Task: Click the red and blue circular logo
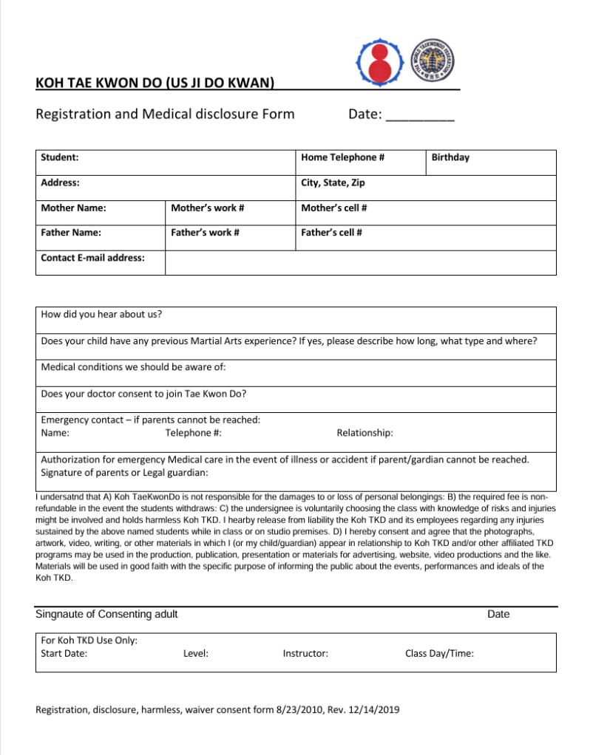coord(379,61)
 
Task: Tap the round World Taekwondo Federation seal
coord(433,60)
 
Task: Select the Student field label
coord(60,157)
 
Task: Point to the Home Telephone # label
coord(342,157)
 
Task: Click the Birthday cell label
coord(450,157)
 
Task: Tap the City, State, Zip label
coord(333,182)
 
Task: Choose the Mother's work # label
coord(208,208)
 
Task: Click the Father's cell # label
coord(331,233)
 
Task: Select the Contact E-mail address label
coord(92,258)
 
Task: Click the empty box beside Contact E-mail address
coord(360,262)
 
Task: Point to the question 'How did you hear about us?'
coord(101,314)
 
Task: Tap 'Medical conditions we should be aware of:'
coord(133,367)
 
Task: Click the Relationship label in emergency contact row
coord(364,433)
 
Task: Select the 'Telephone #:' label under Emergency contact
coord(194,433)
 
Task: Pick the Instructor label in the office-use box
coord(305,653)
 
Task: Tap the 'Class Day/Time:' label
coord(439,653)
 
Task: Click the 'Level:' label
coord(195,653)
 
